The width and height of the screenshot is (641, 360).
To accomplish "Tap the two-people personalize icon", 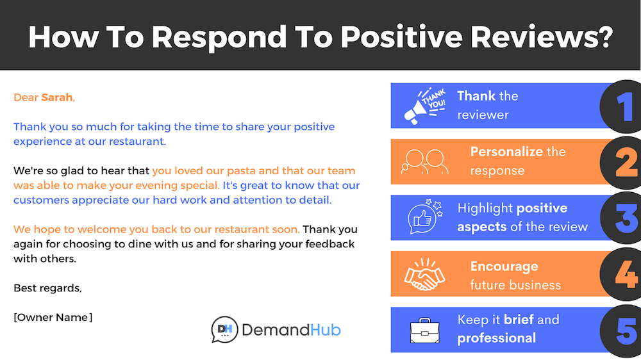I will [x=424, y=161].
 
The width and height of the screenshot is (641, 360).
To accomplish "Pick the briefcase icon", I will [x=424, y=330].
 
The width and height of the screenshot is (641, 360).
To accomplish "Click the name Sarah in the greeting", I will [x=56, y=97].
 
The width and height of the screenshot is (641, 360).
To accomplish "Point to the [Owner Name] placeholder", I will [x=53, y=317].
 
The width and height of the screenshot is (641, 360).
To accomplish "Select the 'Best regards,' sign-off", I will [x=47, y=288].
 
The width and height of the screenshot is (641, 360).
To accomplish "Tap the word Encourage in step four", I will [x=504, y=266].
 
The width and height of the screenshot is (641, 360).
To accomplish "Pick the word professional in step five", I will [x=496, y=338].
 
